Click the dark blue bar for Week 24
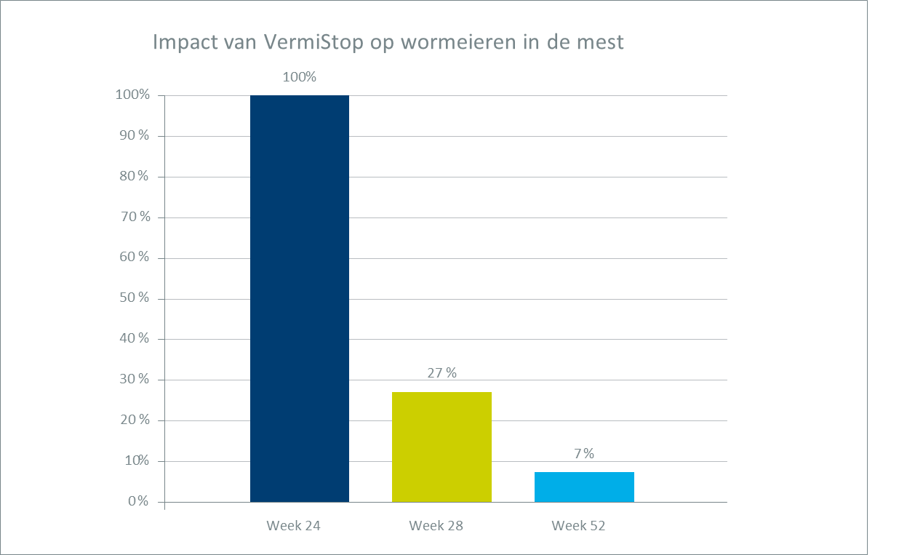tap(299, 298)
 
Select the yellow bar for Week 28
tap(441, 447)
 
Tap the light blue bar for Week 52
tap(584, 487)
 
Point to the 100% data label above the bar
tap(299, 76)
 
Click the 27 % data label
tap(441, 373)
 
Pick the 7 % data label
tap(583, 454)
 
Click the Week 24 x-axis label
tap(293, 525)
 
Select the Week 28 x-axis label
tap(436, 525)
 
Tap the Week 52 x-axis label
tap(578, 525)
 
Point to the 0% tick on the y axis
tap(138, 502)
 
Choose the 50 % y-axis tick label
tap(135, 298)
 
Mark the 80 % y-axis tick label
tap(135, 177)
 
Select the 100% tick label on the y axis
tap(132, 95)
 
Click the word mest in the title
tap(600, 43)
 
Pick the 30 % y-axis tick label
tap(135, 380)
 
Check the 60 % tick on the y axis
tap(135, 257)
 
